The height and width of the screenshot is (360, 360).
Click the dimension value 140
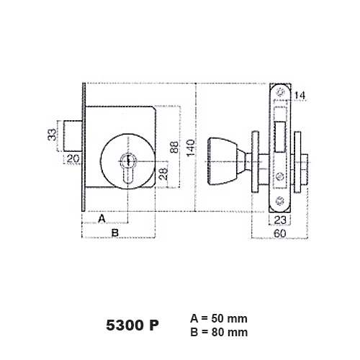tap(191, 148)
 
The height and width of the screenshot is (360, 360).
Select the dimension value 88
tap(174, 147)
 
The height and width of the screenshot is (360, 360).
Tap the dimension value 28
tap(163, 174)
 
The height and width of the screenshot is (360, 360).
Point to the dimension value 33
tap(52, 135)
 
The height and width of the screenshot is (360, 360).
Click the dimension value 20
tap(73, 159)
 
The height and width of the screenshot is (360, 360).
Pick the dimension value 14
tap(300, 96)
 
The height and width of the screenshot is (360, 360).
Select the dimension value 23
tap(280, 220)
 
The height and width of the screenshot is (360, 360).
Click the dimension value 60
tap(280, 233)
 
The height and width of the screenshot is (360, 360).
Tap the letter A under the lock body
tap(102, 219)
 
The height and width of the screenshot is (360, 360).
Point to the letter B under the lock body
tap(115, 233)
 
